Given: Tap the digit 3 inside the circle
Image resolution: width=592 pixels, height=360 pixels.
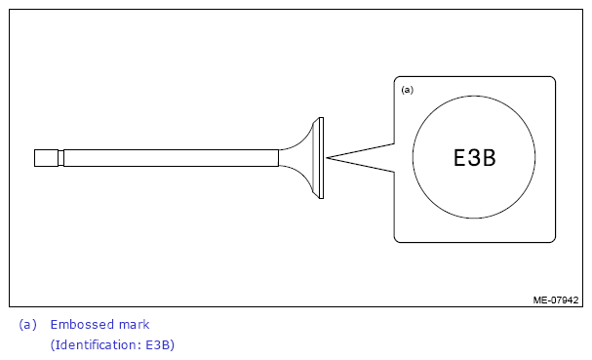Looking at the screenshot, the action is click(473, 157).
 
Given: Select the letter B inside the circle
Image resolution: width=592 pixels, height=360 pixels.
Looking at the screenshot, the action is click(490, 157).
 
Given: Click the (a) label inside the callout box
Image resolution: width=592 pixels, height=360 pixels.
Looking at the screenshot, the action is click(408, 90).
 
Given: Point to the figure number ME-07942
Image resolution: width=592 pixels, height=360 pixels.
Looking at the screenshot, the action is click(555, 300).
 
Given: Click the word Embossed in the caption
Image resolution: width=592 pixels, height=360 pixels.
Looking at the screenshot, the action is click(82, 325).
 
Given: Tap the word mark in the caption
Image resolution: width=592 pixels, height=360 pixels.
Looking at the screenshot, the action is click(134, 325).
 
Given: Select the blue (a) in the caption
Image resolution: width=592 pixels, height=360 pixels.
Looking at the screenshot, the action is click(28, 325).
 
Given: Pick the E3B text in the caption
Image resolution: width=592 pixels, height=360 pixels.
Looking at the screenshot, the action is click(158, 345).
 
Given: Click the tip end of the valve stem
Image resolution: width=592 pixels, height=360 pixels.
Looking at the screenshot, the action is click(35, 158).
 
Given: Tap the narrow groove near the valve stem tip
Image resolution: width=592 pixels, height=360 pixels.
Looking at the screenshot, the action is click(60, 158).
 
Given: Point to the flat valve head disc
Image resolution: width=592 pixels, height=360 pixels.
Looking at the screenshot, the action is click(321, 158).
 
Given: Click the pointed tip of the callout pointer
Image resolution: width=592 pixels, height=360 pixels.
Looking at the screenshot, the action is click(327, 158).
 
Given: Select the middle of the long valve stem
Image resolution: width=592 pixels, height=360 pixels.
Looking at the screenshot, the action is click(171, 158).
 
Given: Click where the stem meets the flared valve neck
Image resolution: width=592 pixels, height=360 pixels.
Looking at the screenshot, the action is click(279, 158).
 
